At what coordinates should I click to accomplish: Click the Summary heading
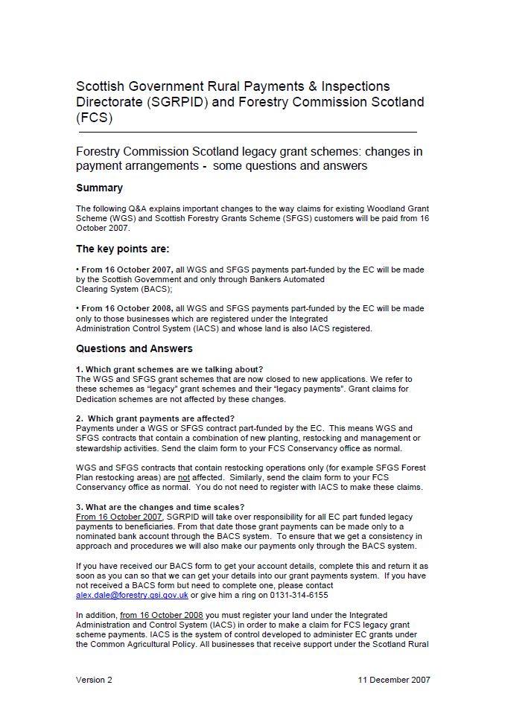click(x=99, y=188)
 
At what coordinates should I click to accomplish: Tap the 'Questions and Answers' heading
click(x=134, y=348)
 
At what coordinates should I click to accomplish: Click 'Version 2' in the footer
click(x=94, y=680)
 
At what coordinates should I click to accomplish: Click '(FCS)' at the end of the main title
click(x=94, y=118)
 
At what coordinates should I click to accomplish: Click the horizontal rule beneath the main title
click(x=247, y=133)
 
